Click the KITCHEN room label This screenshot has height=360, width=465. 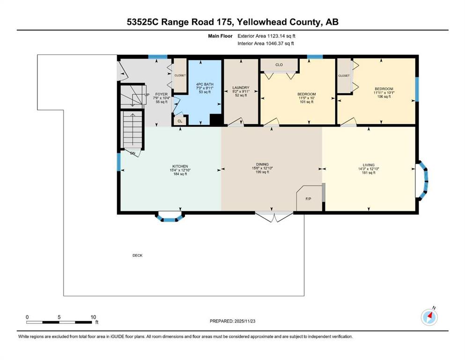(x=180, y=166)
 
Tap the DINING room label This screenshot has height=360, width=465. (x=262, y=164)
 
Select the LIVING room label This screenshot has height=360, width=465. (x=369, y=165)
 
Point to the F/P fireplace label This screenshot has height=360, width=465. (x=309, y=199)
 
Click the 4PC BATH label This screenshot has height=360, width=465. (x=205, y=84)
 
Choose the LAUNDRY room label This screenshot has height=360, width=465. (x=241, y=88)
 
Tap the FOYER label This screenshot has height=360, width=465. (x=162, y=94)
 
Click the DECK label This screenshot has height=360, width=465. (x=137, y=255)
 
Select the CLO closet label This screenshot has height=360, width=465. (x=279, y=65)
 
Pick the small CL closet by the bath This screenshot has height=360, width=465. (x=180, y=121)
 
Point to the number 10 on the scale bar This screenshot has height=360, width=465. (x=93, y=317)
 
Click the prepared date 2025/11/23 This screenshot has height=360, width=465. (x=244, y=321)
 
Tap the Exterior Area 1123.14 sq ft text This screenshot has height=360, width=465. (x=266, y=36)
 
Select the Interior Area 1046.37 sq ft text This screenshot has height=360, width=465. (x=266, y=43)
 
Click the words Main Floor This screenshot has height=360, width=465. (x=220, y=36)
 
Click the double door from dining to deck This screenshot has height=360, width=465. (x=274, y=217)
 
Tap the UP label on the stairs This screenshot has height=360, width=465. (x=147, y=95)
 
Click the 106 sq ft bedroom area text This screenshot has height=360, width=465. (x=384, y=97)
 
